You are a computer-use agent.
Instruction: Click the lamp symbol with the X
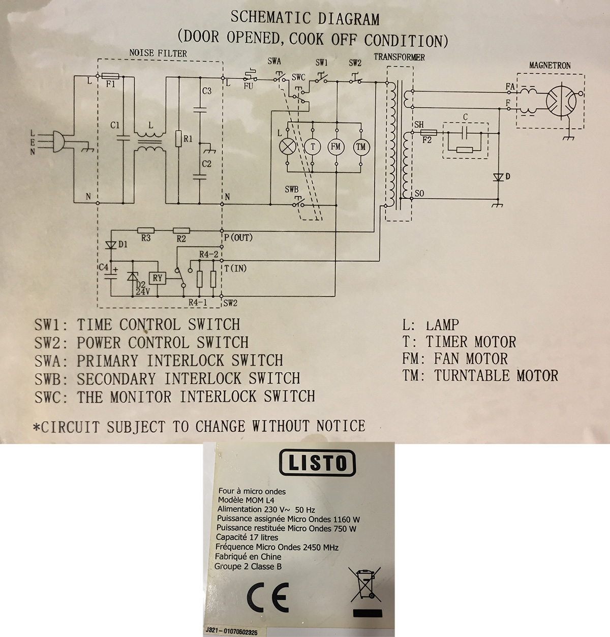[x=288, y=147]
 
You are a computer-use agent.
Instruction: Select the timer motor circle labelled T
[x=313, y=147]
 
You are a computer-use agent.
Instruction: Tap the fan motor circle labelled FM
[x=336, y=147]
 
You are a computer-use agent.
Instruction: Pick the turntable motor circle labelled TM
[x=361, y=147]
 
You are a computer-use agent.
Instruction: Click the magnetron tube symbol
[x=561, y=99]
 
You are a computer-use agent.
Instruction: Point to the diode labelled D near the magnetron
[x=498, y=177]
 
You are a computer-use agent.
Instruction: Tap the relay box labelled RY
[x=158, y=278]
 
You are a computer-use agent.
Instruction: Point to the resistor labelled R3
[x=146, y=230]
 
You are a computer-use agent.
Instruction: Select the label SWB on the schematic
[x=291, y=189]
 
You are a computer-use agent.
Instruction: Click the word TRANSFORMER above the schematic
[x=400, y=57]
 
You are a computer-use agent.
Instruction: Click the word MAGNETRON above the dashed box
[x=550, y=66]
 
